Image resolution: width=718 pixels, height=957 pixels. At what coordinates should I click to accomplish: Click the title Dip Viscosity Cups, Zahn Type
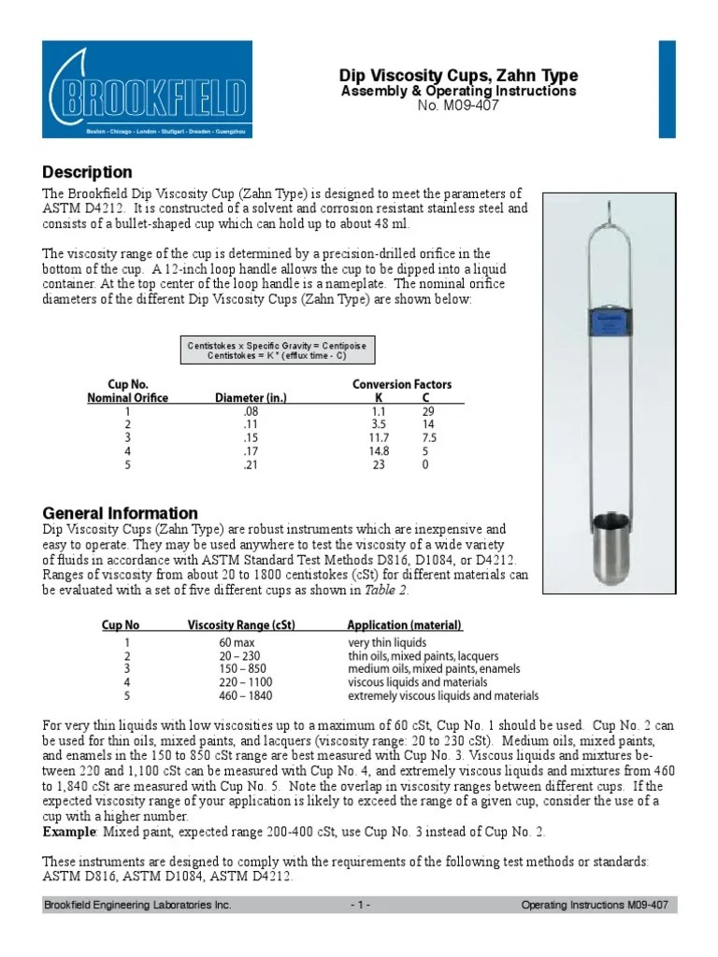coord(457,76)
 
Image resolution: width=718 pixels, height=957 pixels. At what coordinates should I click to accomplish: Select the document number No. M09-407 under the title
coord(457,105)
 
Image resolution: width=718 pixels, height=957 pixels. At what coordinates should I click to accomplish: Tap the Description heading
coord(88,173)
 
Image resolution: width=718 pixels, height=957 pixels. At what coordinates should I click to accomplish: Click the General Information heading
coord(121,513)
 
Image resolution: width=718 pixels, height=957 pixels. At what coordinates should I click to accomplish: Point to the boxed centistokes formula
coord(277,350)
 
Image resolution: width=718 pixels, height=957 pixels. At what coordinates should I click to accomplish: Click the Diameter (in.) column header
coord(251,398)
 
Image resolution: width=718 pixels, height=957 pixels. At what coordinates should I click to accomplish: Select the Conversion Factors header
coord(401,384)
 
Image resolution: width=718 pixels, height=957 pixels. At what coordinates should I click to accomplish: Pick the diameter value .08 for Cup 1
coord(250,411)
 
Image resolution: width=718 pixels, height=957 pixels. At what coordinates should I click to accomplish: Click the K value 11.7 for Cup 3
coord(380,437)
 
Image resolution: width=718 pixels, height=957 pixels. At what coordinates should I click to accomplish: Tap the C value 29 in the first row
coord(426,411)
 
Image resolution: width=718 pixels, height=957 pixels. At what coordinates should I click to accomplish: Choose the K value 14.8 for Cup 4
coord(380,450)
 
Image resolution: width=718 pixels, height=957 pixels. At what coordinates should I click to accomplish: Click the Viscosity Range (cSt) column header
coord(241,625)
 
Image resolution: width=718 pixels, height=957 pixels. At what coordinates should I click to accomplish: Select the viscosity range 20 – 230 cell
coord(240,656)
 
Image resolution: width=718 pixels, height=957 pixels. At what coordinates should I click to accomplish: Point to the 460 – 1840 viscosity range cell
coord(240,696)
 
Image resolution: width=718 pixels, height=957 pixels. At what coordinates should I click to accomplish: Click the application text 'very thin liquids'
coord(387,643)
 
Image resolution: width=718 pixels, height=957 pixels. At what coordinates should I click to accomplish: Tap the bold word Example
coord(70,831)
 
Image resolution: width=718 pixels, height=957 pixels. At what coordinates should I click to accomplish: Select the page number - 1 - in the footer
coord(359,906)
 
